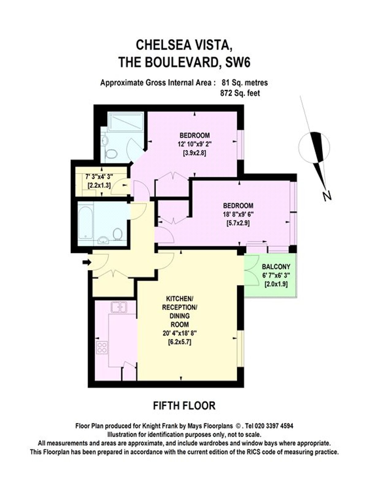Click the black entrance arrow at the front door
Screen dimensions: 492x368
pyautogui.click(x=87, y=262)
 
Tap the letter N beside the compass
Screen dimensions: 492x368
pyautogui.click(x=327, y=196)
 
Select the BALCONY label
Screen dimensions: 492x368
pyautogui.click(x=276, y=267)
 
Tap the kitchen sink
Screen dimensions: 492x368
pyautogui.click(x=119, y=307)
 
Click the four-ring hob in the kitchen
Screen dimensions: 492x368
pyautogui.click(x=102, y=348)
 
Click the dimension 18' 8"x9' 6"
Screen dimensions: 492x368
pyautogui.click(x=238, y=215)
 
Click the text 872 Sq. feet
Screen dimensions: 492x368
pyautogui.click(x=240, y=93)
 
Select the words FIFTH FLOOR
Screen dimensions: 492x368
pyautogui.click(x=184, y=406)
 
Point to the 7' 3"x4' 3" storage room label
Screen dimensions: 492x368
pyautogui.click(x=99, y=177)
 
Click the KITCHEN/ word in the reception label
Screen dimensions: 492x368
pyautogui.click(x=179, y=298)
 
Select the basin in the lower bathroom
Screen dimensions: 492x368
pyautogui.click(x=104, y=240)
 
